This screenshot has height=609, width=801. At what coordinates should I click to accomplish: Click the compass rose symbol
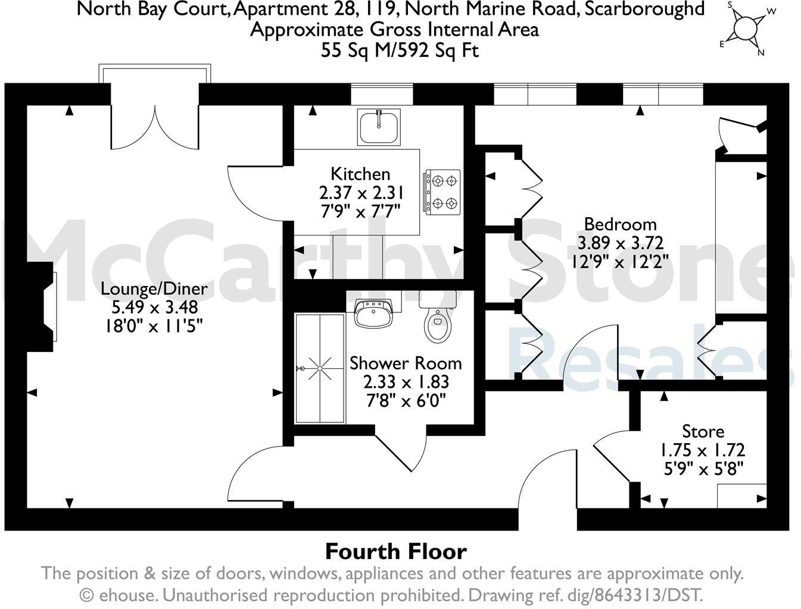(744, 28)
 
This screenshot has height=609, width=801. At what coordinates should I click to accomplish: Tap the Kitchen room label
(360, 174)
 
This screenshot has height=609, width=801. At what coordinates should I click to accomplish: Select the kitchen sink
(379, 127)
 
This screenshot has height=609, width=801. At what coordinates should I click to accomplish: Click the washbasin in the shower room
(373, 313)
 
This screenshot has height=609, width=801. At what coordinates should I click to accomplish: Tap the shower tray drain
(320, 369)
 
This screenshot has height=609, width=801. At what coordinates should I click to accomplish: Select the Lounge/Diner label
(154, 288)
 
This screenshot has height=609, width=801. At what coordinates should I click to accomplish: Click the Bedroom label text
(620, 224)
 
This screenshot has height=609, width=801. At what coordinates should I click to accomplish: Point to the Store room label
(703, 431)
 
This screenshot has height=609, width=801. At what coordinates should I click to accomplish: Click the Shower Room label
(406, 363)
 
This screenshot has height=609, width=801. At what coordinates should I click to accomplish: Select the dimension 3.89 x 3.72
(620, 243)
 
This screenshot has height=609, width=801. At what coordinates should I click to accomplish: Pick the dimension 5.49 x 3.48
(154, 307)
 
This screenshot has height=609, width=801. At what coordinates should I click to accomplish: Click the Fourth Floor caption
(395, 551)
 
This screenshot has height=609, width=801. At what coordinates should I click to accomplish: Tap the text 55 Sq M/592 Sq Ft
(400, 50)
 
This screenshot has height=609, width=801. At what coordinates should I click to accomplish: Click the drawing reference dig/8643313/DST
(632, 595)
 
